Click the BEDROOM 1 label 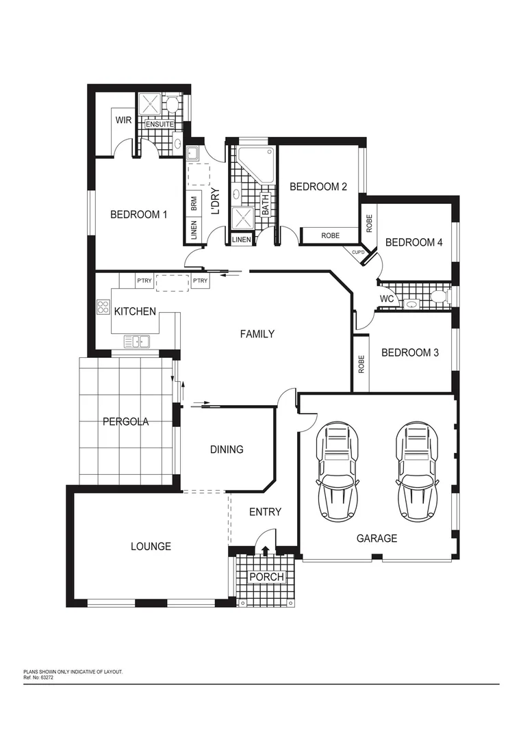(139, 215)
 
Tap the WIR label (123, 120)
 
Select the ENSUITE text (159, 124)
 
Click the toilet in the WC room (437, 296)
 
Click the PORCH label (266, 578)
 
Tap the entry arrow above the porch (266, 552)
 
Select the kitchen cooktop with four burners (103, 307)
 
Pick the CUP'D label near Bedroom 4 (359, 252)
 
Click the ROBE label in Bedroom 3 (361, 364)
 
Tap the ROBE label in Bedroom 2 (330, 235)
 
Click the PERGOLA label (126, 422)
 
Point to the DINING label (227, 450)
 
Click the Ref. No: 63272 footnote (40, 677)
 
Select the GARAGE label (377, 539)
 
